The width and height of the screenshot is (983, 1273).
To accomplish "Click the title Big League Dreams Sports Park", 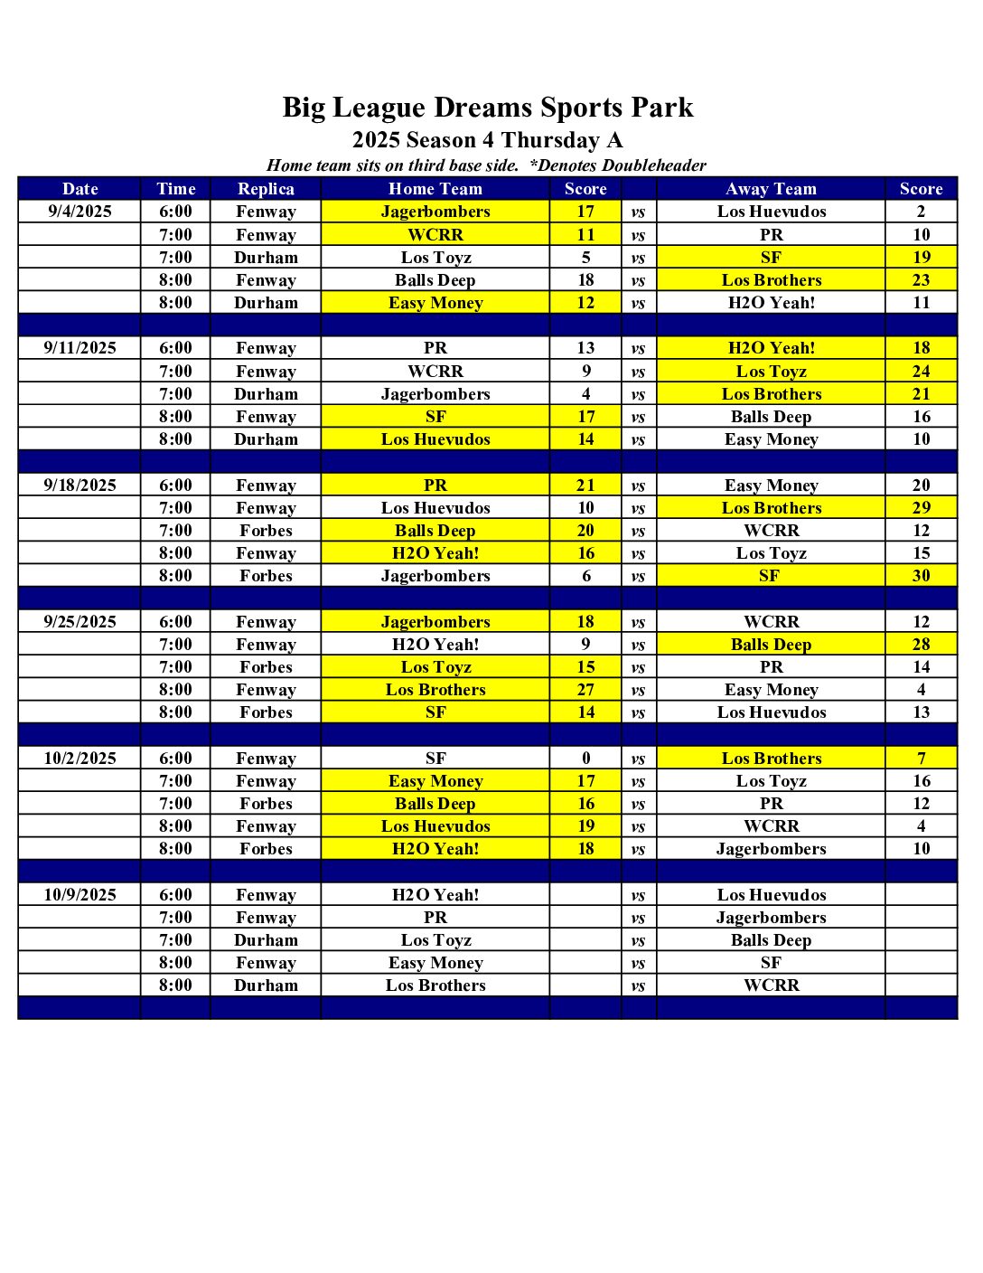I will [488, 108].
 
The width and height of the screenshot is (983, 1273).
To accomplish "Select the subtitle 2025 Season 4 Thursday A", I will [488, 140].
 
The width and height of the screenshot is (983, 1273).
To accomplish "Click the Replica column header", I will [266, 189].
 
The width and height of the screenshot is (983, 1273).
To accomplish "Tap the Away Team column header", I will [771, 189].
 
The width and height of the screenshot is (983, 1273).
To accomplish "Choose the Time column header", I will [175, 189].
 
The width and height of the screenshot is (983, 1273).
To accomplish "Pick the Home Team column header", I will [435, 189].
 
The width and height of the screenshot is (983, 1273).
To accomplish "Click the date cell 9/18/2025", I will [80, 485].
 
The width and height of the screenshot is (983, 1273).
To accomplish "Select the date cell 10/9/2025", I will [80, 894].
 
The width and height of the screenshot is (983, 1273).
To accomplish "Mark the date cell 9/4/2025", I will [80, 212].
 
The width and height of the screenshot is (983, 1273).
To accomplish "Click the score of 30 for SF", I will [921, 576].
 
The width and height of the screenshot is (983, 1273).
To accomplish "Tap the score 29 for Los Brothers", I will [921, 508].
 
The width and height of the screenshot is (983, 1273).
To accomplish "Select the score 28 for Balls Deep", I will [921, 645].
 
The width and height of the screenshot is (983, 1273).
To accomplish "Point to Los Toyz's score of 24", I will [921, 372].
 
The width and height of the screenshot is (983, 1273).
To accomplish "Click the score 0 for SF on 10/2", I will [585, 759].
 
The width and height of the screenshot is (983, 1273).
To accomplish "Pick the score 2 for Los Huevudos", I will [921, 212].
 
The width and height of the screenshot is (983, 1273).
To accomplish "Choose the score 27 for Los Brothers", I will [585, 690].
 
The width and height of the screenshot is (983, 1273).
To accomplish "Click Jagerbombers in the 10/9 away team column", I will [771, 918].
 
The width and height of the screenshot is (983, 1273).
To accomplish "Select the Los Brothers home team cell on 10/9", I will [435, 985].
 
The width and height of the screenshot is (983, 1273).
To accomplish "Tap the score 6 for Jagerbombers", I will [585, 576].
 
